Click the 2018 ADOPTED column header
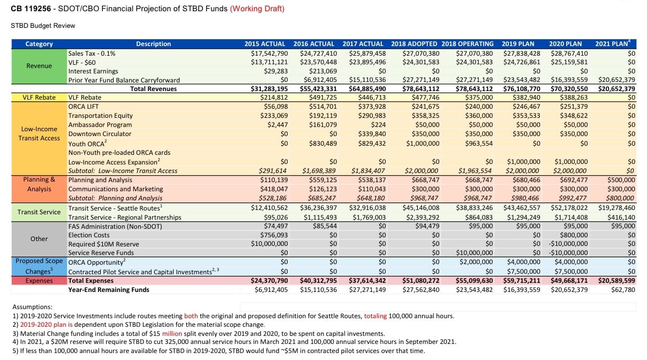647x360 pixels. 414,44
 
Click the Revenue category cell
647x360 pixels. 39,66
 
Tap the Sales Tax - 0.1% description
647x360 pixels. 92,54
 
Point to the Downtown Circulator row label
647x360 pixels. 96,134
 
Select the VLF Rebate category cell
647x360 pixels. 39,97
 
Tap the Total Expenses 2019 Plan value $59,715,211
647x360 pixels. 521,280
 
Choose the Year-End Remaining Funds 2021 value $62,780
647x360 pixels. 623,290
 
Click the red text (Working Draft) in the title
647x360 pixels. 257,9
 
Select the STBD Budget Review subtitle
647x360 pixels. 43,26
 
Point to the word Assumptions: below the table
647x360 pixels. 32,307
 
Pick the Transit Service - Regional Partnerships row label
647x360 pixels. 124,217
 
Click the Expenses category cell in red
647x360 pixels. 39,280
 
